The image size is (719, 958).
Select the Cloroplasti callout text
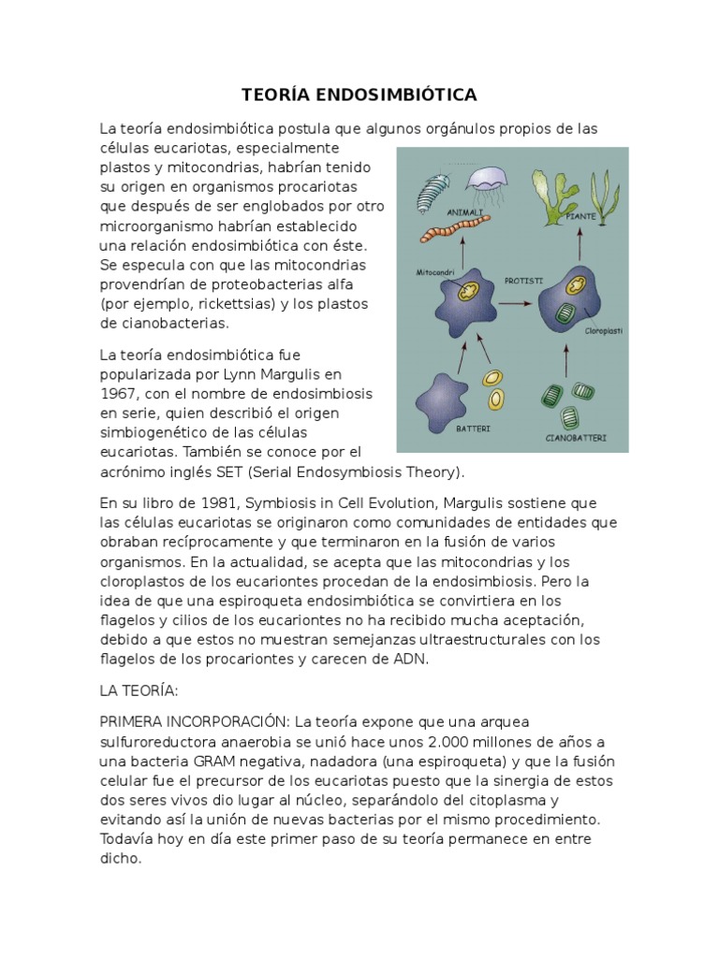604,330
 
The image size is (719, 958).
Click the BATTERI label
473,428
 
